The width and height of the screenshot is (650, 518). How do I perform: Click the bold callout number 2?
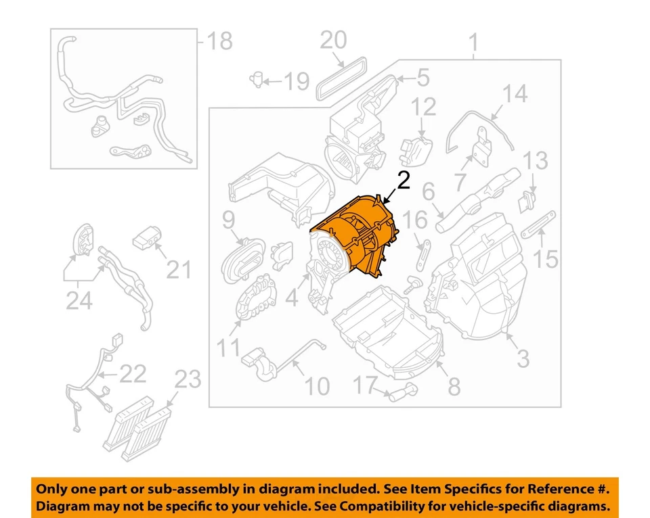(403, 181)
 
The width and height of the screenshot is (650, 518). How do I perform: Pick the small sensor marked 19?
(257, 79)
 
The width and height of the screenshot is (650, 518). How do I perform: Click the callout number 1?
(473, 45)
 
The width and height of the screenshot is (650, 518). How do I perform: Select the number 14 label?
(514, 93)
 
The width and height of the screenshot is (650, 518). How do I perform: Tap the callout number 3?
(523, 358)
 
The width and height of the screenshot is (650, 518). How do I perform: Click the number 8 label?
(454, 386)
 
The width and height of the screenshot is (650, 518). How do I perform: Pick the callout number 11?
(229, 349)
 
